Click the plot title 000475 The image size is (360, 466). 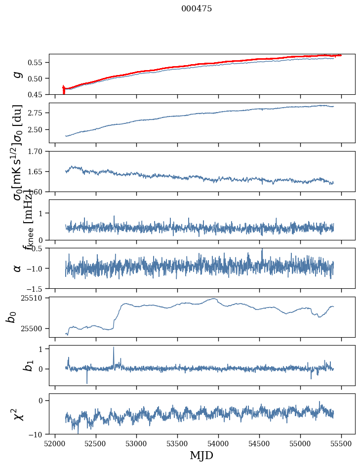pyautogui.click(x=197, y=9)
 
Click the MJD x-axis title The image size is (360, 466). pyautogui.click(x=201, y=456)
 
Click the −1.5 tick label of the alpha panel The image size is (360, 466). pyautogui.click(x=36, y=288)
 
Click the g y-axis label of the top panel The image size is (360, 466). pyautogui.click(x=18, y=74)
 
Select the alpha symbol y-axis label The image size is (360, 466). pyautogui.click(x=18, y=268)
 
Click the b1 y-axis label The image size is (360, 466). pyautogui.click(x=16, y=366)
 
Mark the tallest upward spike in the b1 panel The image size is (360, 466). pyautogui.click(x=114, y=348)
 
